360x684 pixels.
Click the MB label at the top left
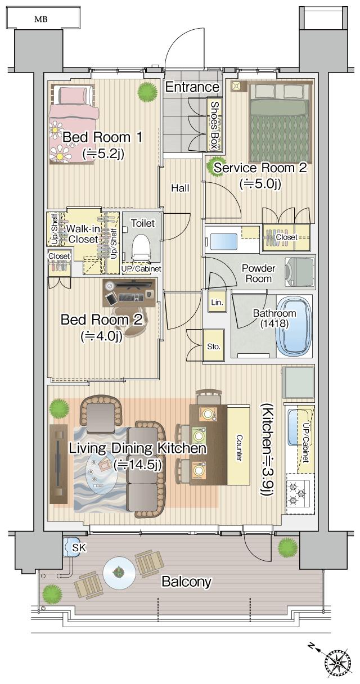point(40,19)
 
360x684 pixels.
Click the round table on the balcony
point(118,573)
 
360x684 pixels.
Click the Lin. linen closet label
point(217,303)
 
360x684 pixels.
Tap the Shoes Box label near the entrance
point(214,125)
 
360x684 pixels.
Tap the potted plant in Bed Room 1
point(147,90)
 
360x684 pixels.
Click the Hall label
point(180,188)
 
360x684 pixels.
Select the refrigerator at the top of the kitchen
point(297,382)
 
